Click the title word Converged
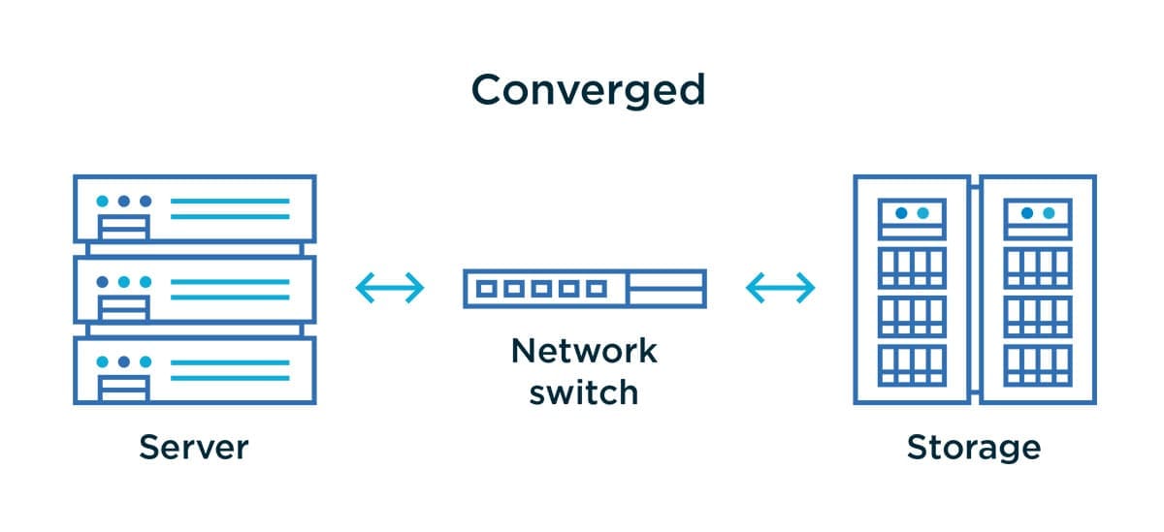tap(588, 90)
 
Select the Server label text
tap(194, 448)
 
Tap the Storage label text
tap(973, 448)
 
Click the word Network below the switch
tap(584, 350)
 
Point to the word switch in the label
tap(584, 391)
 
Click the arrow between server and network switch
tap(389, 288)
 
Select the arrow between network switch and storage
tap(780, 288)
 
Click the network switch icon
tap(584, 289)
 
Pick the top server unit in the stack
tap(194, 208)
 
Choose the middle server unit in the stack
tap(194, 289)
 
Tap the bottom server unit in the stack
tap(194, 370)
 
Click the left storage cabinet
tap(911, 289)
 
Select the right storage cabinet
tap(1037, 289)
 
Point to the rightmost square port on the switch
tap(598, 289)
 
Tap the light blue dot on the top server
tap(102, 202)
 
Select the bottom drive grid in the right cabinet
tap(1037, 364)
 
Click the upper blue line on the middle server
tap(230, 282)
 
